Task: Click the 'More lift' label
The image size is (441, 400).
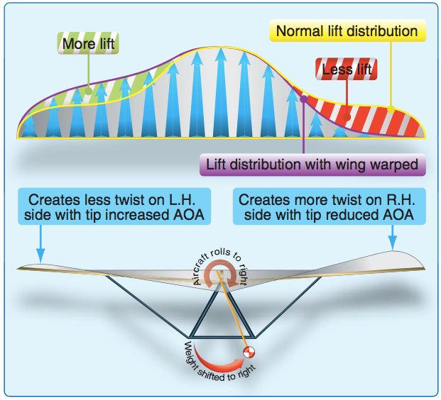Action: tap(88, 45)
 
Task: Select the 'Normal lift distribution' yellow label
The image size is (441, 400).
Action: tap(347, 31)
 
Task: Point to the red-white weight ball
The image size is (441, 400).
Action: tap(249, 352)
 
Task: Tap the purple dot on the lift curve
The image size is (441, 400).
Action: tap(304, 101)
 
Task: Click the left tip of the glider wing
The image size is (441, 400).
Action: tap(23, 268)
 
